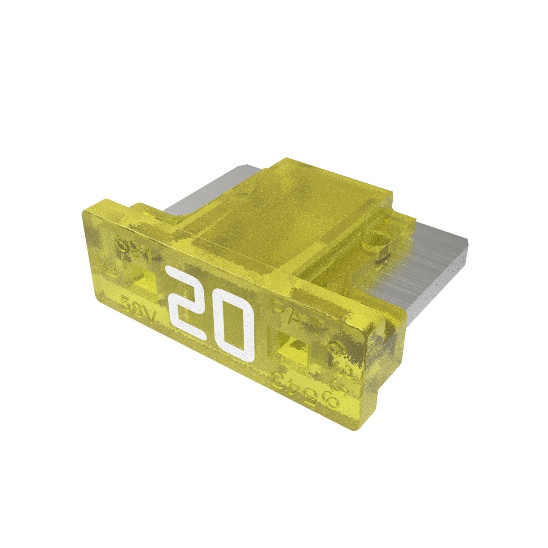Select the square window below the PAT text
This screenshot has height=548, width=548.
(x=291, y=345)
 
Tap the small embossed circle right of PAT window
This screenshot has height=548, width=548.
(x=336, y=349)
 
